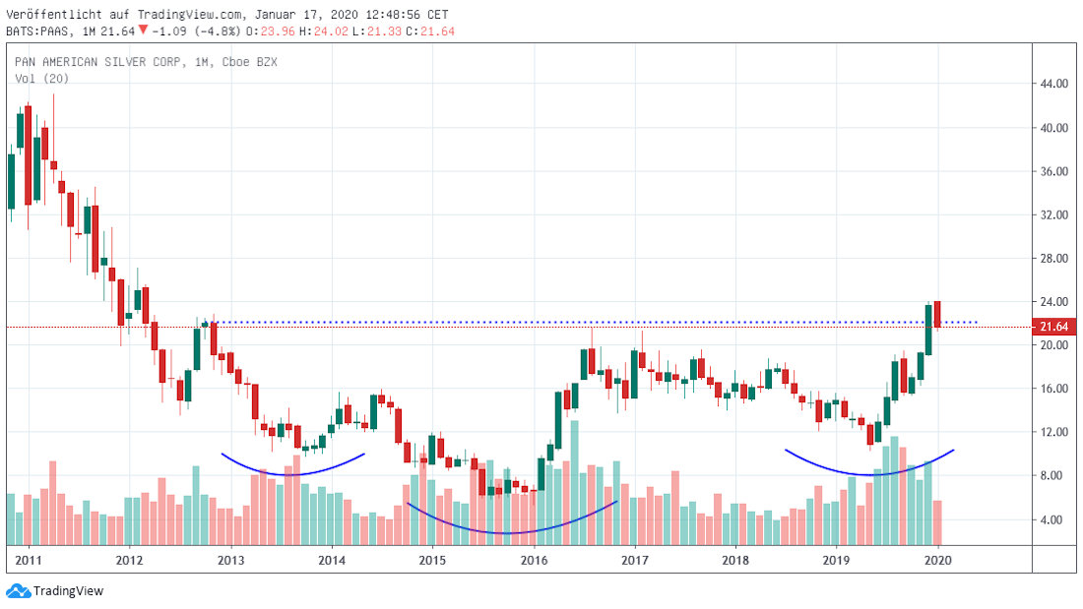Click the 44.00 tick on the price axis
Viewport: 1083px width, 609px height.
pyautogui.click(x=1054, y=85)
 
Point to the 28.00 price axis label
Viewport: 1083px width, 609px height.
pyautogui.click(x=1054, y=259)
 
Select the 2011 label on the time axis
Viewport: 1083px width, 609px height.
pyautogui.click(x=28, y=561)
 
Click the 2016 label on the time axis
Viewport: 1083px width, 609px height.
pyautogui.click(x=534, y=561)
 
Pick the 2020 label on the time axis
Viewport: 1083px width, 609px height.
pyautogui.click(x=938, y=561)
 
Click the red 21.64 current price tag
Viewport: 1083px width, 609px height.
pyautogui.click(x=1054, y=326)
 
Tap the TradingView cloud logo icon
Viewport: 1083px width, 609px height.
pyautogui.click(x=18, y=590)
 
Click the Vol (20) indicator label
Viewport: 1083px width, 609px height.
pyautogui.click(x=33, y=78)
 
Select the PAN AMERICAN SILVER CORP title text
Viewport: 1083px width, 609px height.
pyautogui.click(x=98, y=62)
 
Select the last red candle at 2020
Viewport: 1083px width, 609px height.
pyautogui.click(x=938, y=315)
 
